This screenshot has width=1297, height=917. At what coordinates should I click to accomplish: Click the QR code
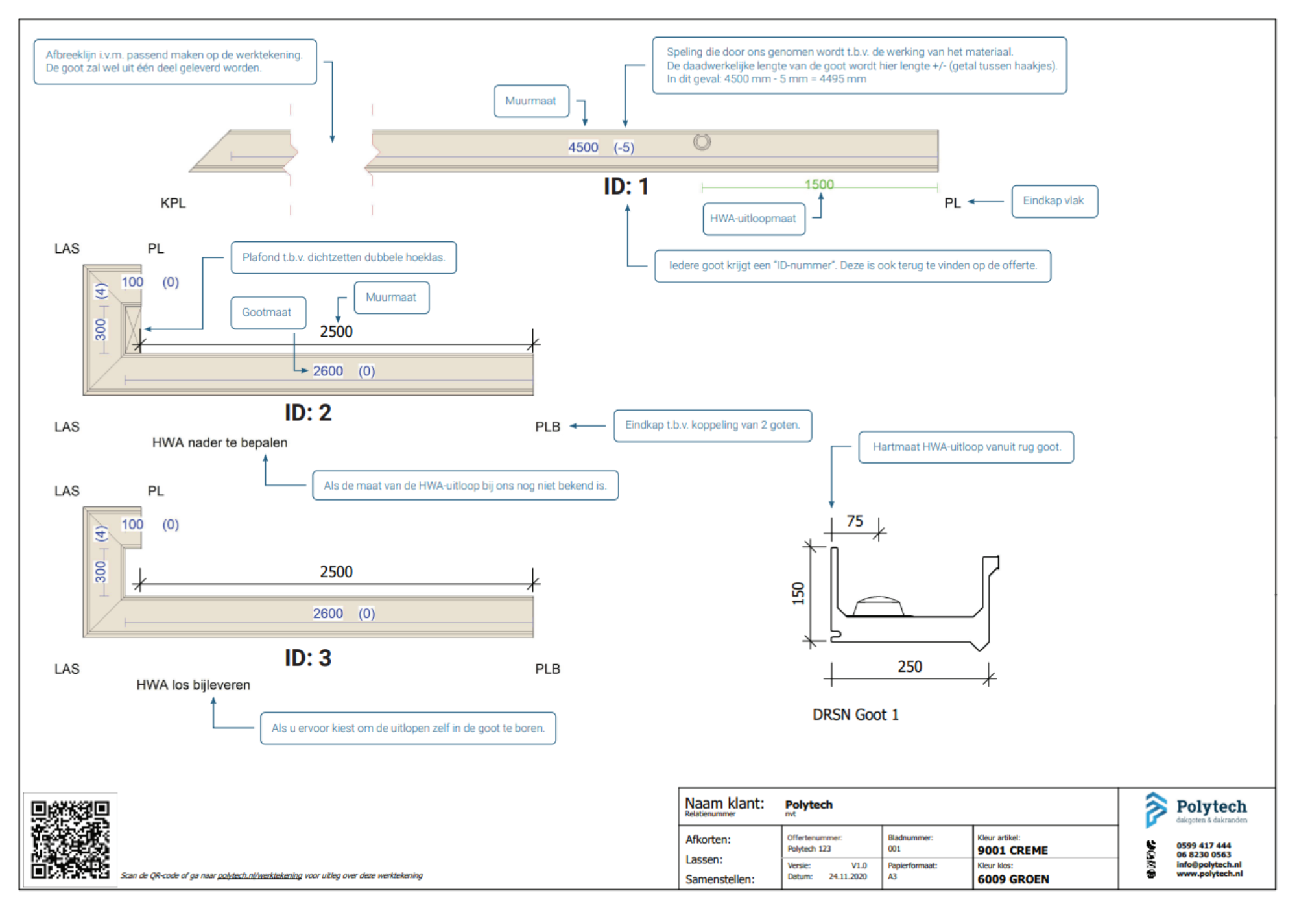pyautogui.click(x=70, y=840)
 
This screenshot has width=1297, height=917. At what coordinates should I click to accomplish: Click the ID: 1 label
pyautogui.click(x=626, y=187)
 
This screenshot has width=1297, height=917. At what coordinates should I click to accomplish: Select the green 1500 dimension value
pyautogui.click(x=819, y=185)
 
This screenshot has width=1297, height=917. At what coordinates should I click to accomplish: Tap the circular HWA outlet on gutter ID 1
pyautogui.click(x=702, y=142)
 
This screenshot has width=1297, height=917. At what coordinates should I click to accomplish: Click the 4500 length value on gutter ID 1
pyautogui.click(x=583, y=147)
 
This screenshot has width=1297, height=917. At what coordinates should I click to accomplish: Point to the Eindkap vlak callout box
pyautogui.click(x=1054, y=201)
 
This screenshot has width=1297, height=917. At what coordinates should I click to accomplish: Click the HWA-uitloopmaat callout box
pyautogui.click(x=753, y=219)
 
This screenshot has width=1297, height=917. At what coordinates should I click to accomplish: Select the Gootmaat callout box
pyautogui.click(x=267, y=313)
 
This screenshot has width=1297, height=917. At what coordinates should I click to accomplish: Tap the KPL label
pyautogui.click(x=173, y=203)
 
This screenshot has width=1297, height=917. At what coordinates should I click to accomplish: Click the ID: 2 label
pyautogui.click(x=308, y=413)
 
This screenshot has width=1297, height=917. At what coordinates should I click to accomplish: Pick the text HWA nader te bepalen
pyautogui.click(x=220, y=443)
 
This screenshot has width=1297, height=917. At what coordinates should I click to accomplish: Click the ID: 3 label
pyautogui.click(x=308, y=658)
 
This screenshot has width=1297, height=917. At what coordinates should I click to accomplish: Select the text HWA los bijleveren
pyautogui.click(x=193, y=685)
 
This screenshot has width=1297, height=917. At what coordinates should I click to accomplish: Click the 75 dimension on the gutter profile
pyautogui.click(x=855, y=521)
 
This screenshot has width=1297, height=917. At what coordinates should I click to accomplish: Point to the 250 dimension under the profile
pyautogui.click(x=910, y=667)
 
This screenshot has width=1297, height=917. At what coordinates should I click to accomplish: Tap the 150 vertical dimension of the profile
pyautogui.click(x=798, y=593)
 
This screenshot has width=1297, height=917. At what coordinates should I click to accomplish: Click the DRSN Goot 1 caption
pyautogui.click(x=855, y=715)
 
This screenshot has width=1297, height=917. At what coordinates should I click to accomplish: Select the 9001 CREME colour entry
pyautogui.click(x=1012, y=850)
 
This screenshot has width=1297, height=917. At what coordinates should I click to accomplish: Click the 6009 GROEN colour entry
pyautogui.click(x=1013, y=879)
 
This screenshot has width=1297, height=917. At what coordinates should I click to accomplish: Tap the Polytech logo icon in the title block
pyautogui.click(x=1155, y=809)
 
